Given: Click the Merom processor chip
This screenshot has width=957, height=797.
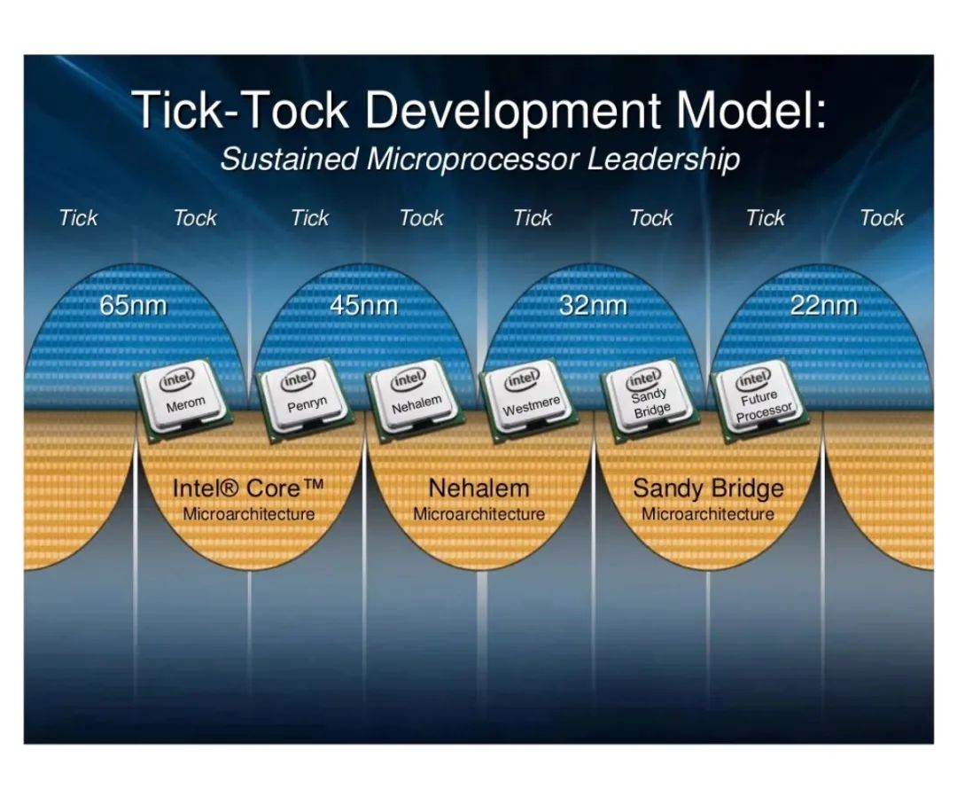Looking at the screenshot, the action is [184, 398].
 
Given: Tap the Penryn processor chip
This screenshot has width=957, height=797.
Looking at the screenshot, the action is [303, 398].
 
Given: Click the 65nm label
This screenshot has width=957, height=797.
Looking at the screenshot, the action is [133, 305].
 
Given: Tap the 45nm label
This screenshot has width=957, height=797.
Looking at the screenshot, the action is [364, 305].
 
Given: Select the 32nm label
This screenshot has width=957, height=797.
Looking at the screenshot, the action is [593, 305].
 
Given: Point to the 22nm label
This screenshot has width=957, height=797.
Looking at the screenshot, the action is [824, 305].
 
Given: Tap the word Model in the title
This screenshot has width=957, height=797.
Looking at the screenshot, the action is [752, 110].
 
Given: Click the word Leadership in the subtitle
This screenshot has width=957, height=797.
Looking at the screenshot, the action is [664, 160].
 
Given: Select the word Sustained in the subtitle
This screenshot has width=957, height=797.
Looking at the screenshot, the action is [289, 160].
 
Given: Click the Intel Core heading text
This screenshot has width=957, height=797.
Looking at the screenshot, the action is [248, 488].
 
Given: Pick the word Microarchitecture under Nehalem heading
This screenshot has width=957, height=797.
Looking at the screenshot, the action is [479, 514].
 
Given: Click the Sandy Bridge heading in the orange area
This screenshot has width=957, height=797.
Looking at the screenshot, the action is [708, 489].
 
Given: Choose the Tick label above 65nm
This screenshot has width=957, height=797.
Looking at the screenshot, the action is [78, 218].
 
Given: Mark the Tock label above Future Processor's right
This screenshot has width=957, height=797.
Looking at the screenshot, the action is [882, 218].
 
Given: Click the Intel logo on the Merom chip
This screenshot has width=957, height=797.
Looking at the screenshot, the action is [176, 379].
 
